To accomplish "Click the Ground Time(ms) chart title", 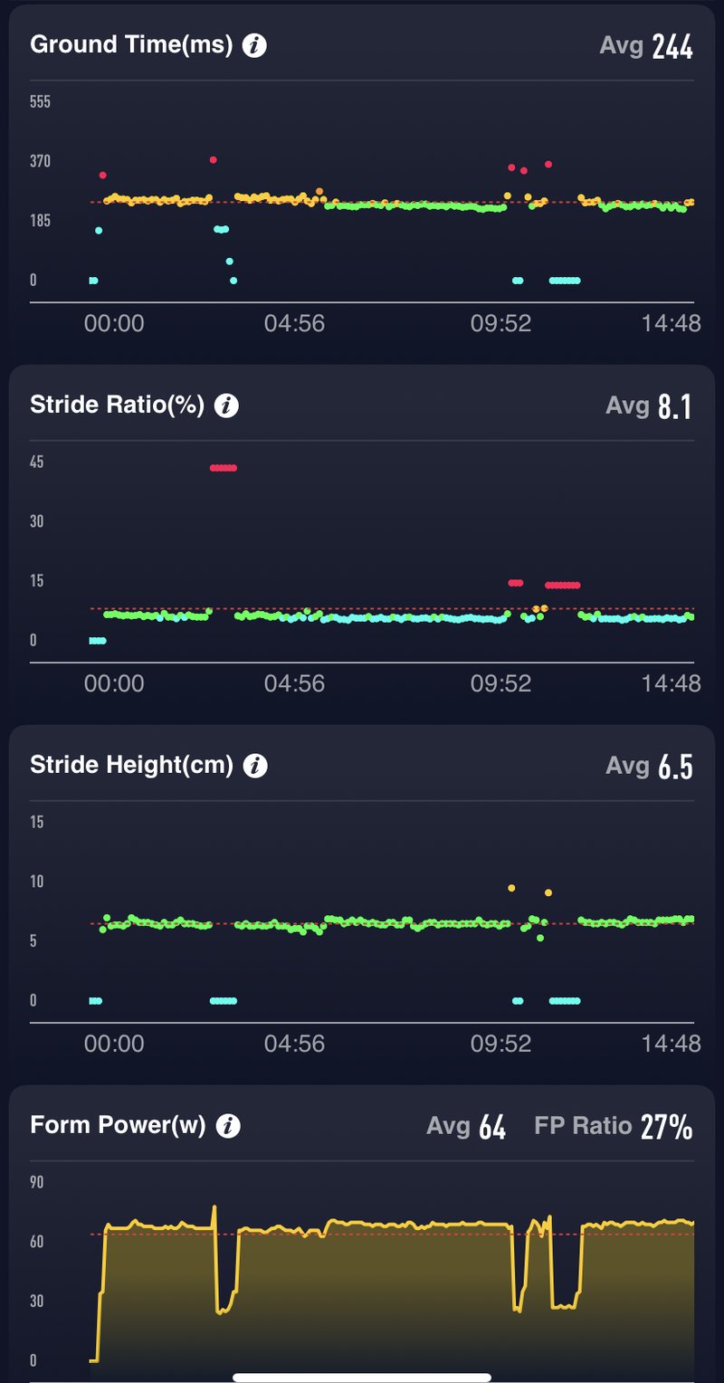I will pos(131,45).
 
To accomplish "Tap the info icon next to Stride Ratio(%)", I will pos(226,405).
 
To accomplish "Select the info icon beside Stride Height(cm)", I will pos(256,766).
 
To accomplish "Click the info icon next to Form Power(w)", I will pos(228,1126).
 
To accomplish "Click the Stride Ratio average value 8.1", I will pos(674,407).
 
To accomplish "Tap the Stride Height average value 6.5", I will pos(674,768).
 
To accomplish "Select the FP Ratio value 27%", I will pos(666,1127).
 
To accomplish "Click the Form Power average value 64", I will pos(491,1128).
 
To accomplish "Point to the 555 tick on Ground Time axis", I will pos(40,102).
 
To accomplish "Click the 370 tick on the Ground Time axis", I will pos(40,162).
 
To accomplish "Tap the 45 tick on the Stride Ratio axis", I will pos(37,463).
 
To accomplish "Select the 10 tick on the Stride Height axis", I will pos(37,882).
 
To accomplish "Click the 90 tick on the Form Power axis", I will pos(37,1182).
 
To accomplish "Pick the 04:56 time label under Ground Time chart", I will pos(294,324).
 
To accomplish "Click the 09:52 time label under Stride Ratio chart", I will pos(500,683).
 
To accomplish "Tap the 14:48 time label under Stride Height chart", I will pos(671,1044).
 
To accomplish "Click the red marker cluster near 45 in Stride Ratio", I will pos(223,468).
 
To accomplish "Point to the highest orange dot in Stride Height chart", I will pos(511,889).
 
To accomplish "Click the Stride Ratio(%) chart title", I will pos(117,405).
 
